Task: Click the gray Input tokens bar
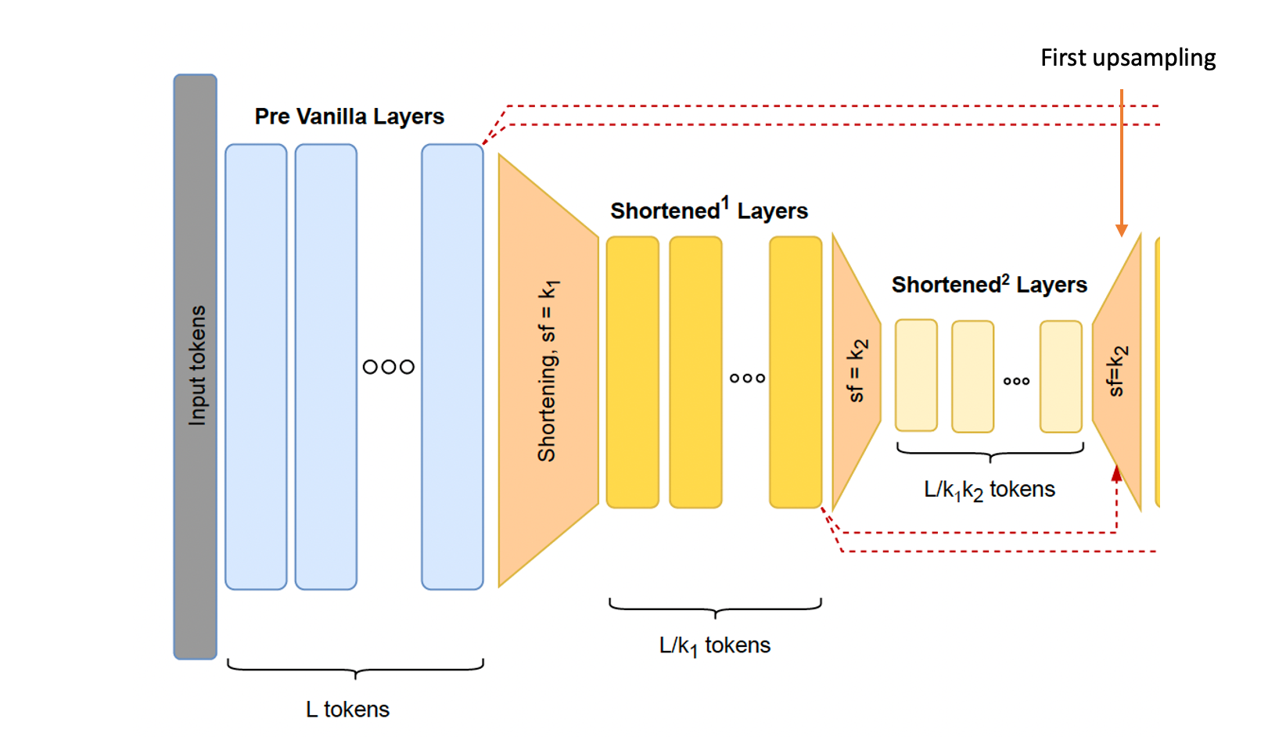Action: click(x=195, y=366)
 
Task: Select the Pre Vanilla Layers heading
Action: click(x=349, y=117)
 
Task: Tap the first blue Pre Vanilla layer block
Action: click(x=256, y=366)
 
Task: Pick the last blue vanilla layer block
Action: click(x=452, y=366)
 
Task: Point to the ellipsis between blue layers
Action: click(x=389, y=367)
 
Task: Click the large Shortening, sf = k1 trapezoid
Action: click(x=547, y=370)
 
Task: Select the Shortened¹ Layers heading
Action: click(x=709, y=210)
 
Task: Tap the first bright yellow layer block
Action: click(x=633, y=372)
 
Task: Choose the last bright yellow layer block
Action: click(x=796, y=372)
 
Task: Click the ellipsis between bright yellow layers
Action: click(x=747, y=379)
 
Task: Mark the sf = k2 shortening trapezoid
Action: click(x=855, y=372)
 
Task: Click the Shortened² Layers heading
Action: click(x=989, y=285)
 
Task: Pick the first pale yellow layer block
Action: click(x=916, y=375)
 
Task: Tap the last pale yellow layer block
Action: click(x=1061, y=376)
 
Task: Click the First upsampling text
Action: click(x=1127, y=58)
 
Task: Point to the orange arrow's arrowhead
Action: click(x=1122, y=230)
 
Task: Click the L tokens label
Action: click(x=347, y=709)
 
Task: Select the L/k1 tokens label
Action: click(x=714, y=645)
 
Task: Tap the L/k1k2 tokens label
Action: click(x=989, y=490)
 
